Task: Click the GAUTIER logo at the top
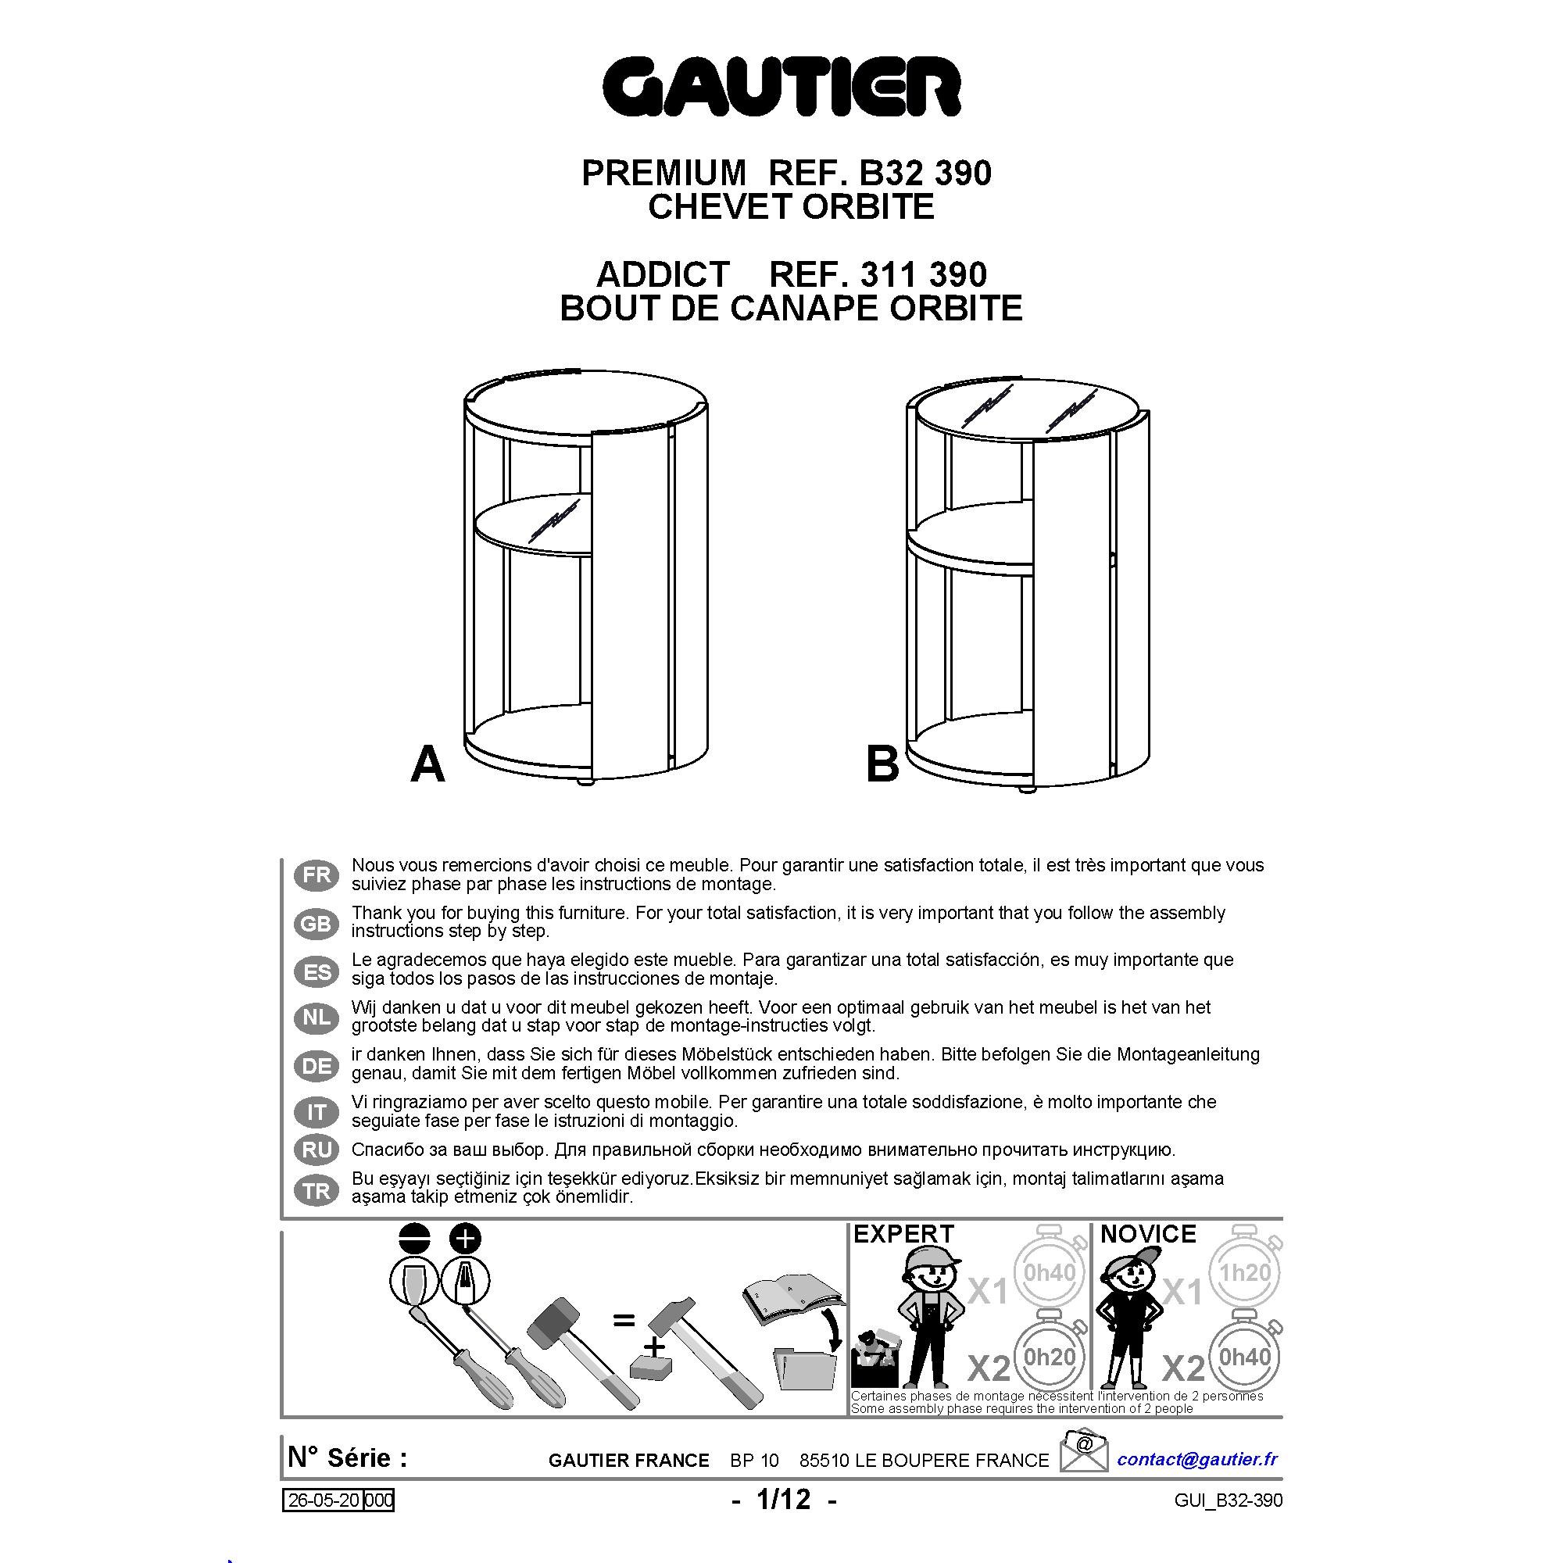pos(781,88)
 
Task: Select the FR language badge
pos(317,874)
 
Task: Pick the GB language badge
pos(317,923)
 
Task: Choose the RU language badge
pos(317,1150)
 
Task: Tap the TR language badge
pos(317,1191)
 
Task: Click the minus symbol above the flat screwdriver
pos(415,1239)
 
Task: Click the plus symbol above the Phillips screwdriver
pos(464,1239)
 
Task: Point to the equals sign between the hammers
pos(623,1320)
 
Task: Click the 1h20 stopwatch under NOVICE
pos(1245,1273)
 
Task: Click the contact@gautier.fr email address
pos(1197,1458)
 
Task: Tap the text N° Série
pos(348,1457)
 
